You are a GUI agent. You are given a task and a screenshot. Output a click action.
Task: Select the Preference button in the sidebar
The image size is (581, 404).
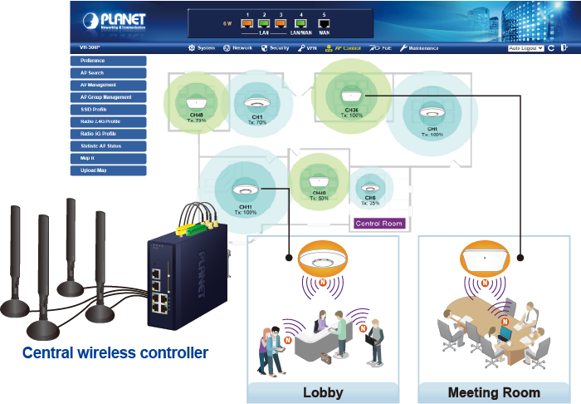click(x=109, y=61)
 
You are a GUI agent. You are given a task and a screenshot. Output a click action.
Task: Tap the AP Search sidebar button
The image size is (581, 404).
click(x=109, y=73)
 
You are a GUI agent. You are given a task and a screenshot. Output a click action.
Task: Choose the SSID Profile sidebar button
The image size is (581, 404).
click(x=109, y=110)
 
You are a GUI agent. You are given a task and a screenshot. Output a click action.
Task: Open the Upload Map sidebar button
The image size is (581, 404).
click(x=109, y=170)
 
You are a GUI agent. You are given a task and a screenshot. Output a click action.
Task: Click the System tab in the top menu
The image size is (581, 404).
click(x=202, y=48)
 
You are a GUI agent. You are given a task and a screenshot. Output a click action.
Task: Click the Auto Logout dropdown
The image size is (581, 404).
click(x=525, y=48)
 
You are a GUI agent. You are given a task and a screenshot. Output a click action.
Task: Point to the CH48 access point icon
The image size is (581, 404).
click(x=197, y=94)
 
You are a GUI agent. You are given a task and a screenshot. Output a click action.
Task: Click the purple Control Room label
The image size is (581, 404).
click(x=378, y=224)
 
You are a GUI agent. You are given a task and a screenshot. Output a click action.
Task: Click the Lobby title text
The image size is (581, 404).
click(x=323, y=392)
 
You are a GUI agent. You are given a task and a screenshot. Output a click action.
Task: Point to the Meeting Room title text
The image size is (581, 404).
click(x=494, y=392)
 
